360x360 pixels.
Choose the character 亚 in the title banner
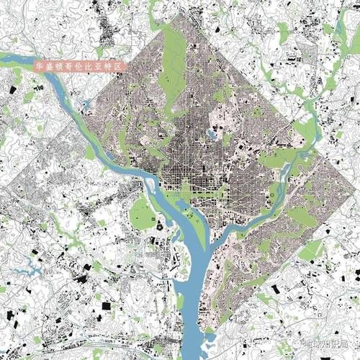tap(102, 66)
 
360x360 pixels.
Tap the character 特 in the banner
tap(112, 66)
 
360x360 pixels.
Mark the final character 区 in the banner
tap(122, 66)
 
